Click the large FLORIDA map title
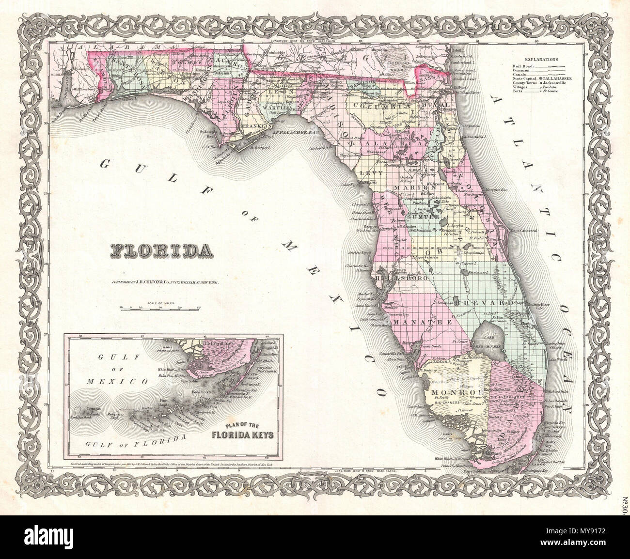pyautogui.click(x=157, y=250)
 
